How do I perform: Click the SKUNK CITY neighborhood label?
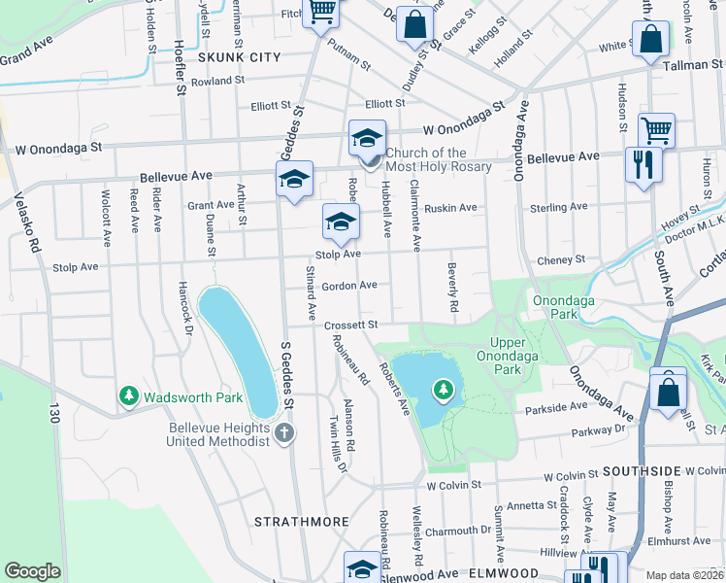(x=239, y=57)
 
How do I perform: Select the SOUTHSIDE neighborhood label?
(x=643, y=470)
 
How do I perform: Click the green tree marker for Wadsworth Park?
(x=128, y=396)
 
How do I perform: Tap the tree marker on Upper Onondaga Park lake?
(x=444, y=390)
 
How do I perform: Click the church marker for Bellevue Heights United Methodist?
(x=283, y=431)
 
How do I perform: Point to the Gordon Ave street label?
(x=349, y=286)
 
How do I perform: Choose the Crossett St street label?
(x=350, y=325)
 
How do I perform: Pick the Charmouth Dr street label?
(x=458, y=531)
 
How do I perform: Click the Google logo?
(x=32, y=571)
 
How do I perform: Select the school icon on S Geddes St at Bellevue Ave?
(x=294, y=179)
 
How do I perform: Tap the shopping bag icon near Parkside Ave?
(x=668, y=392)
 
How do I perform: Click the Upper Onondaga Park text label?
(x=520, y=356)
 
